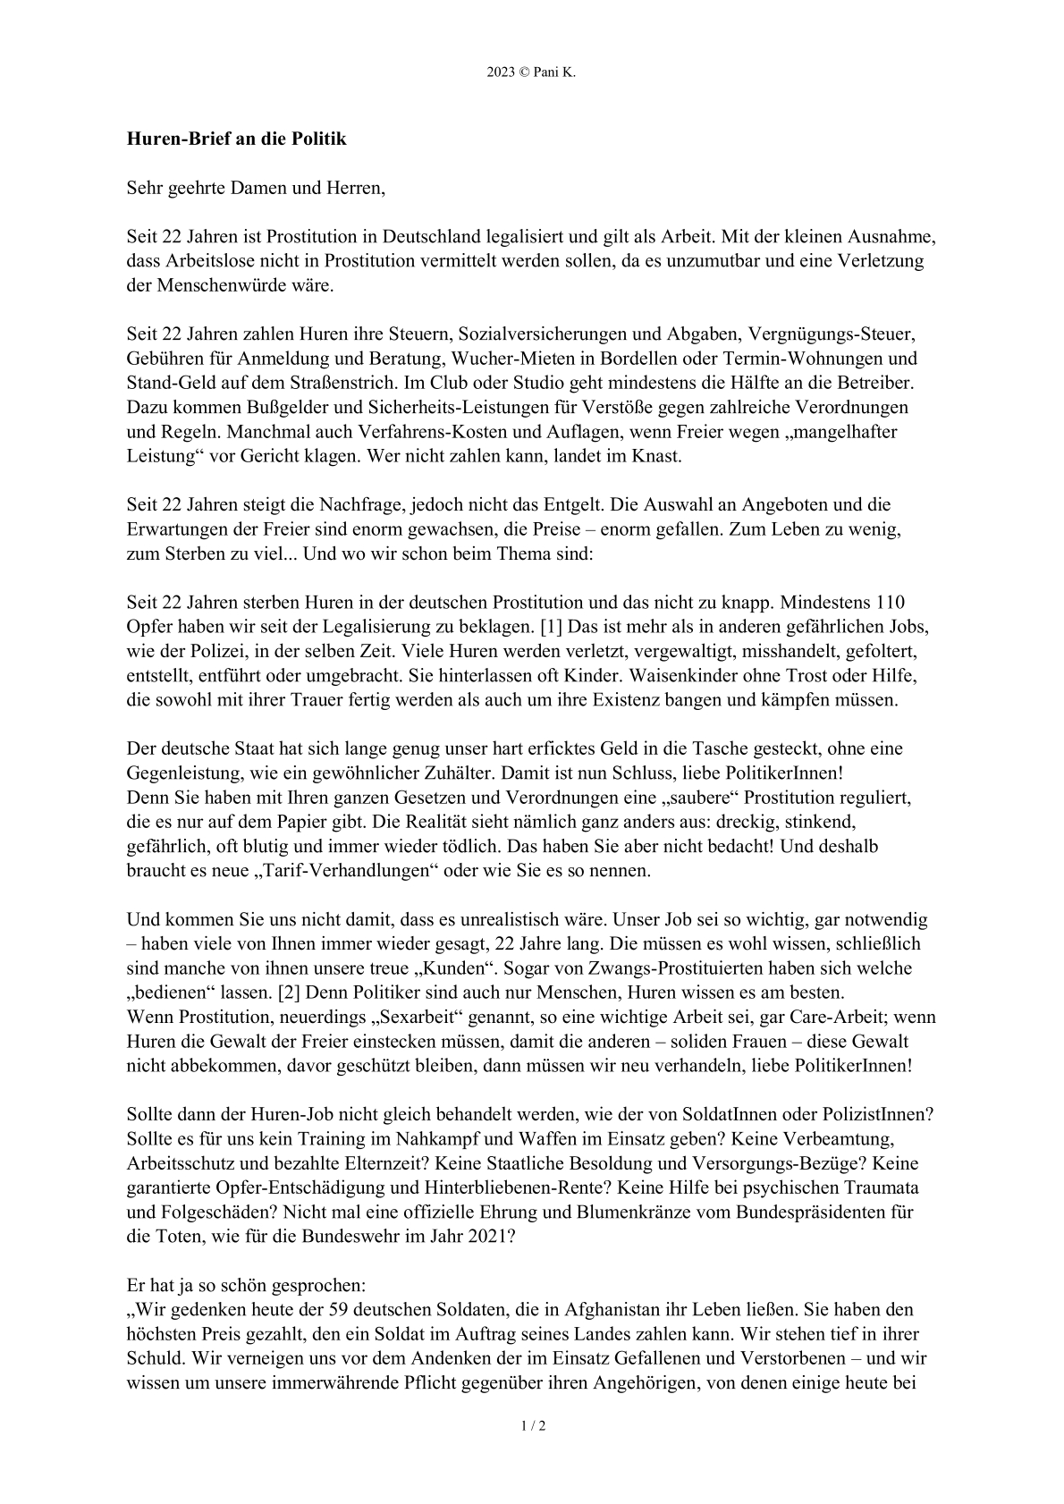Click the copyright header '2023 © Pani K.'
531,73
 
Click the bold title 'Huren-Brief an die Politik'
236,139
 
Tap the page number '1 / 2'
533,1425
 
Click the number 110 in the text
899,602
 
